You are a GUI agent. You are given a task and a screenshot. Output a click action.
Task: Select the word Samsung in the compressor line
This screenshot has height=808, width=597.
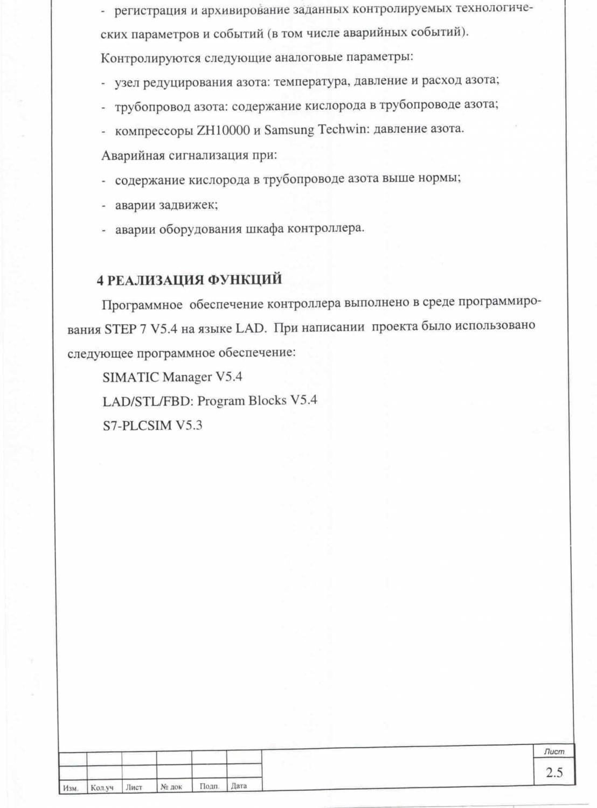(289, 130)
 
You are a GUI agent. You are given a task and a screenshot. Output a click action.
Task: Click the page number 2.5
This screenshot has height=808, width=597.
(554, 772)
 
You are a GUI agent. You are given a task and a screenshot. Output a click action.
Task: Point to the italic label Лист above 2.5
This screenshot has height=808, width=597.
(554, 751)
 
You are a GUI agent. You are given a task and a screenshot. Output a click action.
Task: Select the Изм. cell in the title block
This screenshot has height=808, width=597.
(71, 788)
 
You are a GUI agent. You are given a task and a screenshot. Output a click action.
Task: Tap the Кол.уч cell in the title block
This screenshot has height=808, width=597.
(102, 788)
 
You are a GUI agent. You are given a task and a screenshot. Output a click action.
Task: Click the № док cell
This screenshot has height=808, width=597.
(171, 787)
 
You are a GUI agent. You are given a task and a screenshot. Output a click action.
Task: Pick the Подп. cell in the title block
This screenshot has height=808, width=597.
(209, 786)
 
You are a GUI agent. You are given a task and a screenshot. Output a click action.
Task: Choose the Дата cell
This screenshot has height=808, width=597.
(239, 786)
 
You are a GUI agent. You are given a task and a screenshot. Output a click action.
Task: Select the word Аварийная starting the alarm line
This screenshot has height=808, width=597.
(133, 156)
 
